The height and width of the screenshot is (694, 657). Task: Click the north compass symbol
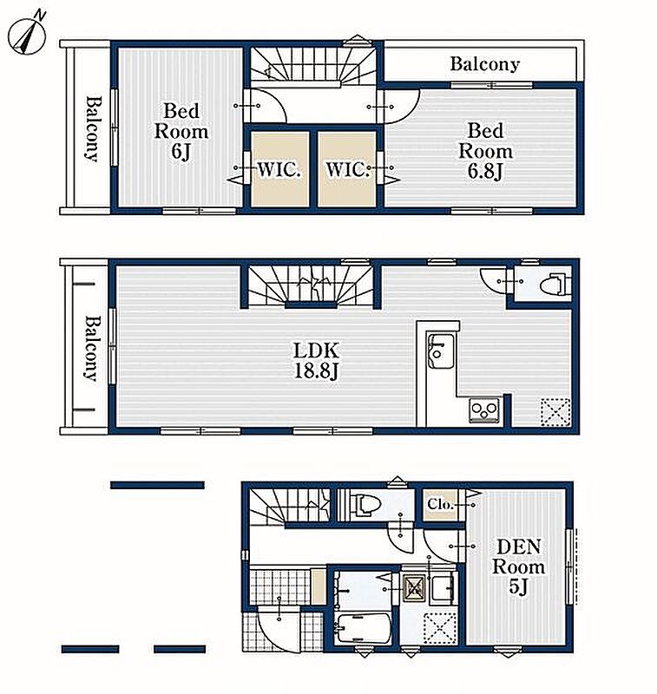[x=27, y=36]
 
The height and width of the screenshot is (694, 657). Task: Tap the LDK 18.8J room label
[x=317, y=361]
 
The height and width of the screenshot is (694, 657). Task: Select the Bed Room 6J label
[x=181, y=131]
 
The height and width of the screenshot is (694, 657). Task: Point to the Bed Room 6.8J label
[x=486, y=151]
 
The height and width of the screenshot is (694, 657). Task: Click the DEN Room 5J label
[x=518, y=566]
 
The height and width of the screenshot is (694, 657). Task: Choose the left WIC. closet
[x=279, y=168]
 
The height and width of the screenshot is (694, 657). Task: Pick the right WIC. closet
[x=347, y=168]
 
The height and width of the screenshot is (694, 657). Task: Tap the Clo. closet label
[x=441, y=504]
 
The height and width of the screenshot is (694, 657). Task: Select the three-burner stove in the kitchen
[x=484, y=410]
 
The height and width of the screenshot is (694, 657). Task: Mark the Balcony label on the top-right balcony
[x=485, y=64]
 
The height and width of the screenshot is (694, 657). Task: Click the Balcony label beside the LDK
[x=92, y=348]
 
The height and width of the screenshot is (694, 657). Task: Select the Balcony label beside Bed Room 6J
[x=92, y=128]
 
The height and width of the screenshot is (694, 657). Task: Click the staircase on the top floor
[x=313, y=64]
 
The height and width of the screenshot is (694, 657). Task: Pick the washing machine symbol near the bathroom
[x=414, y=590]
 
